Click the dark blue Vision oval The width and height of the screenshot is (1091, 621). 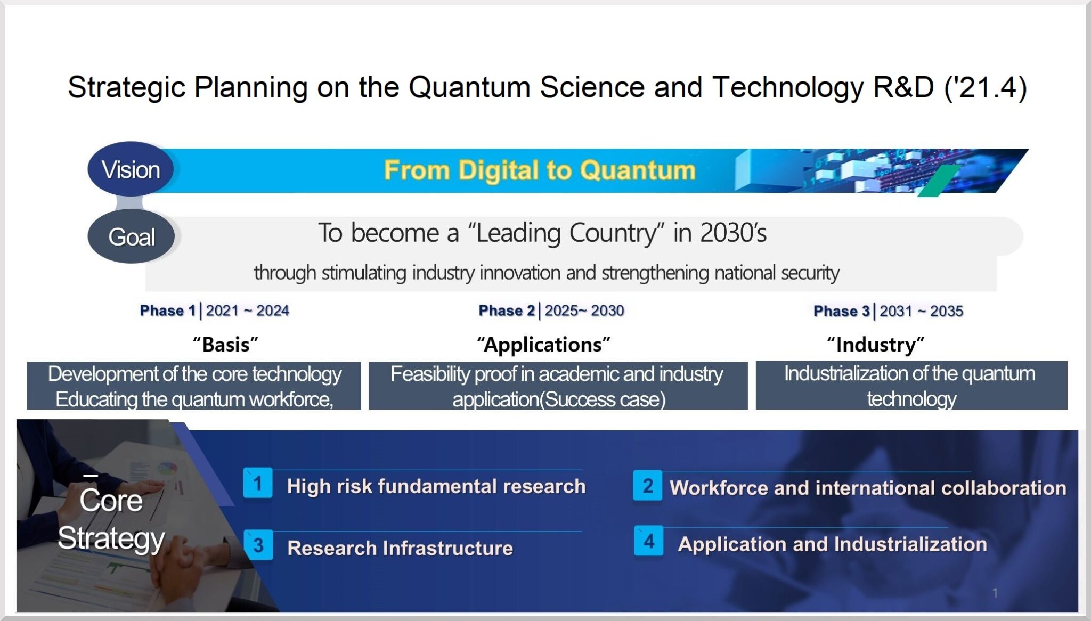point(131,169)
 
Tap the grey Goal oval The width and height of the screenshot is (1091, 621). point(131,236)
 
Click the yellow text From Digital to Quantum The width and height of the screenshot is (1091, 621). point(540,170)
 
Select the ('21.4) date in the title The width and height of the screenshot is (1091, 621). point(985,87)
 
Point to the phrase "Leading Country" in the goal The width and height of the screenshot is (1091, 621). point(566,233)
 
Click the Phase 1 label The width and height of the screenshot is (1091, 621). point(167,310)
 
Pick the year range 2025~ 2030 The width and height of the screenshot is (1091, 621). point(584,310)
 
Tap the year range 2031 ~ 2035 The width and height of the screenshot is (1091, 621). point(921,311)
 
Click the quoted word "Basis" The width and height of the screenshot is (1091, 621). point(225,345)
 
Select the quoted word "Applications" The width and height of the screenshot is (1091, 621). point(543,345)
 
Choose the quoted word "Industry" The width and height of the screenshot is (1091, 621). point(875,345)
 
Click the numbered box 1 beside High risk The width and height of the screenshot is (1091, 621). point(258,483)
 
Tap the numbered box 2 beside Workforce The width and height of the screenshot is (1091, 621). point(647,485)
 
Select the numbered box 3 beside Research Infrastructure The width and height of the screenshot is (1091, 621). point(258,545)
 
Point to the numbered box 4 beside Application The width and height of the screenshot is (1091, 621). point(648,541)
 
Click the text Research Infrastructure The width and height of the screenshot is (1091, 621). point(400,548)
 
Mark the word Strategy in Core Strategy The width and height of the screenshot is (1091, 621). point(111,538)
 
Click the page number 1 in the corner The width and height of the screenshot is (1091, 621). point(995,593)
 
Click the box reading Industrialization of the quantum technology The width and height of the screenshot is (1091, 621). point(911,386)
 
